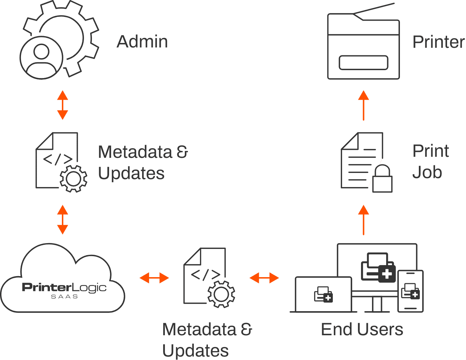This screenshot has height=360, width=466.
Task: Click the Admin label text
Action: click(142, 42)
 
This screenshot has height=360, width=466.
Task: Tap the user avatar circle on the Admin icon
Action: click(42, 57)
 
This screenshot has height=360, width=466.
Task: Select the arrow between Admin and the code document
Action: click(62, 105)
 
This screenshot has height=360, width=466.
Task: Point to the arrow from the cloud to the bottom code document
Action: click(154, 277)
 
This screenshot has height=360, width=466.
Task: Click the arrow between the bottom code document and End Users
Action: click(264, 277)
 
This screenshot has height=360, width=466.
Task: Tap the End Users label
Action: click(362, 329)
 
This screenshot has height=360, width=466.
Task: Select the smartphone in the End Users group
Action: click(410, 291)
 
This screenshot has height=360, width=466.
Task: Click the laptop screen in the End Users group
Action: click(324, 294)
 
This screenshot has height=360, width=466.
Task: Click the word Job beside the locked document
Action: click(427, 172)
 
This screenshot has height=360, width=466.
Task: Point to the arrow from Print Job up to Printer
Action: click(363, 105)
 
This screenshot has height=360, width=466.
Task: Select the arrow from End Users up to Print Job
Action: click(363, 220)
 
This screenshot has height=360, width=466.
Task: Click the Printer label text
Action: click(438, 42)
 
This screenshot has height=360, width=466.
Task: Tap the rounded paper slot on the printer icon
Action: click(363, 63)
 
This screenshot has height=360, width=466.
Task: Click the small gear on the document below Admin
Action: click(73, 178)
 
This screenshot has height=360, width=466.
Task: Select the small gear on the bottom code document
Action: click(221, 294)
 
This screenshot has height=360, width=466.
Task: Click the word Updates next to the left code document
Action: click(131, 173)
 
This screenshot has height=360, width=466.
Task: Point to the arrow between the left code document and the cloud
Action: click(62, 220)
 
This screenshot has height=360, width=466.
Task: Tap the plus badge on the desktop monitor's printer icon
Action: click(387, 274)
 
